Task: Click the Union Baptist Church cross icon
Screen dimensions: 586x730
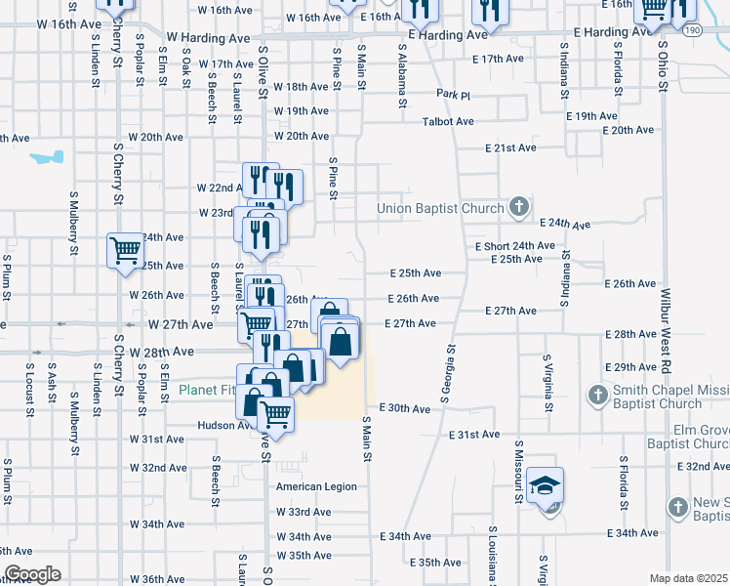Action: (x=519, y=207)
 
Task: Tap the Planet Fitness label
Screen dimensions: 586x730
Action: (x=207, y=390)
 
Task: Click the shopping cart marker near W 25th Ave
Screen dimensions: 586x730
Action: (x=125, y=250)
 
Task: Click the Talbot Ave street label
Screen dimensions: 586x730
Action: (x=448, y=122)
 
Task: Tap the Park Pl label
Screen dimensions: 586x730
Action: (x=454, y=96)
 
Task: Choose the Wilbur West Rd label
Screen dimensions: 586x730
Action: (x=668, y=326)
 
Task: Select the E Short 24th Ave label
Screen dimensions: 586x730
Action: (x=515, y=246)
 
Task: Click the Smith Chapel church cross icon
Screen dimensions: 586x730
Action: (x=598, y=396)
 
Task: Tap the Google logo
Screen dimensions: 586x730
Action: (x=32, y=574)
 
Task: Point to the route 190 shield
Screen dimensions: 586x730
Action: (x=718, y=30)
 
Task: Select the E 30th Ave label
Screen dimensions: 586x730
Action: (x=405, y=407)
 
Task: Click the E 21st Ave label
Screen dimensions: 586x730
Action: (x=512, y=148)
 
